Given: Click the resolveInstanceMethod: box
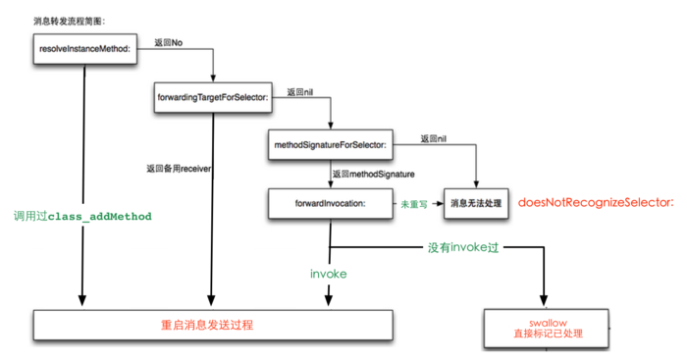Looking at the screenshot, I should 83,48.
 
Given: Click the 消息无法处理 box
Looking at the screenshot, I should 476,203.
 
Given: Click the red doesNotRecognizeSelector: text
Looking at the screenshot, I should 596,202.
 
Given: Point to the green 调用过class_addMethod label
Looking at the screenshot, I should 82,216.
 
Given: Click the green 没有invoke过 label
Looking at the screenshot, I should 463,248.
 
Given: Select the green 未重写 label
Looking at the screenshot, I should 412,203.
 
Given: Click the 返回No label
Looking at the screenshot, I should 169,42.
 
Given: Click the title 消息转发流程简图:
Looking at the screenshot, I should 70,20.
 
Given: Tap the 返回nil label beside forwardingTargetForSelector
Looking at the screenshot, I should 300,91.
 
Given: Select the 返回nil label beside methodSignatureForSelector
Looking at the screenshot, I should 435,139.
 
